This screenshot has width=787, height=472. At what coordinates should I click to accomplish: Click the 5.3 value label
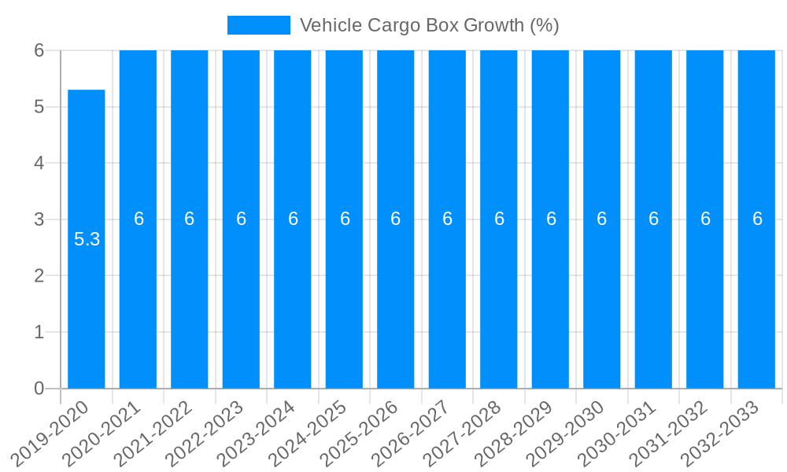(87, 239)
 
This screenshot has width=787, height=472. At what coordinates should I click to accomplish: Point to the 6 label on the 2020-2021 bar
(139, 219)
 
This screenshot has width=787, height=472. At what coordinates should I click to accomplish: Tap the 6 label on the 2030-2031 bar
(653, 219)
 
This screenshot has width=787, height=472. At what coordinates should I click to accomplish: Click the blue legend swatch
(258, 25)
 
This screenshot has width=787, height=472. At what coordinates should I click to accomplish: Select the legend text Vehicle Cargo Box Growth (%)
(429, 25)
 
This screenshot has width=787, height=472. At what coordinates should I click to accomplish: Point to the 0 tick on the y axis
(39, 389)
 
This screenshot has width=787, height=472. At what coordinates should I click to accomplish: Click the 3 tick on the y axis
(39, 219)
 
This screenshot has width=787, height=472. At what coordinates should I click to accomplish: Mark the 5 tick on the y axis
(39, 107)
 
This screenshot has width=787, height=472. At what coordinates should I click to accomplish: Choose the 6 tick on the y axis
(39, 50)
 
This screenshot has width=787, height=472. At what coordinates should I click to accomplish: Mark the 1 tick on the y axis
(39, 332)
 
